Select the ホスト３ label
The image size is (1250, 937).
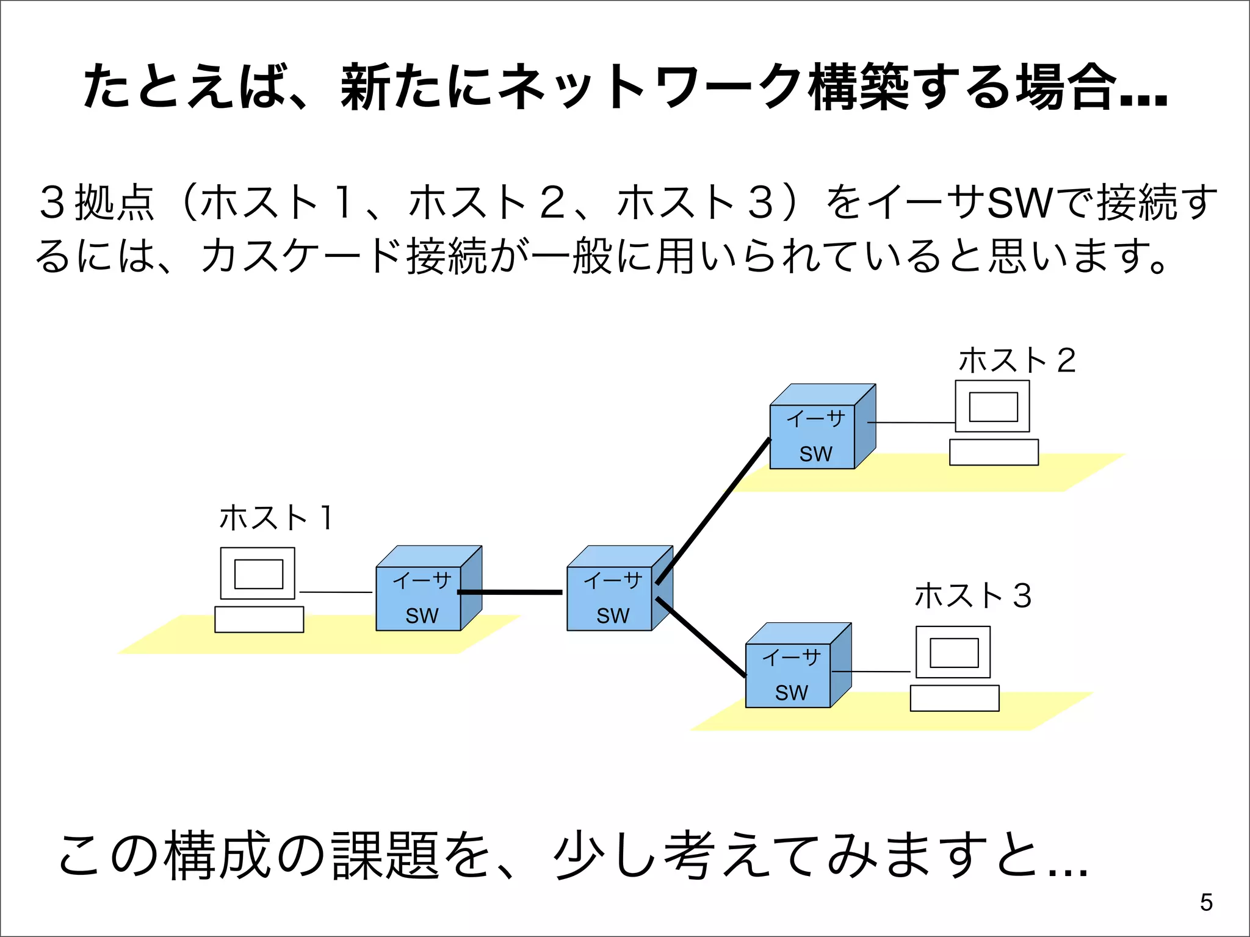[x=972, y=595]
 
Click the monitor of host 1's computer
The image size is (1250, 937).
[x=258, y=573]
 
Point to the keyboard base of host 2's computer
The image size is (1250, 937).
[x=994, y=452]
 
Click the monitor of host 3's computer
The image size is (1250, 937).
[x=953, y=652]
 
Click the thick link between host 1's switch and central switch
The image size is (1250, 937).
[x=510, y=592]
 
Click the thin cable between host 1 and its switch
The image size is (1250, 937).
[x=336, y=592]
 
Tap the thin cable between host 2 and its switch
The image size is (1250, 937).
[x=911, y=422]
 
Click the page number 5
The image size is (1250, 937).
[x=1206, y=902]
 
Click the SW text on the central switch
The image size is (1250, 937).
[x=612, y=616]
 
